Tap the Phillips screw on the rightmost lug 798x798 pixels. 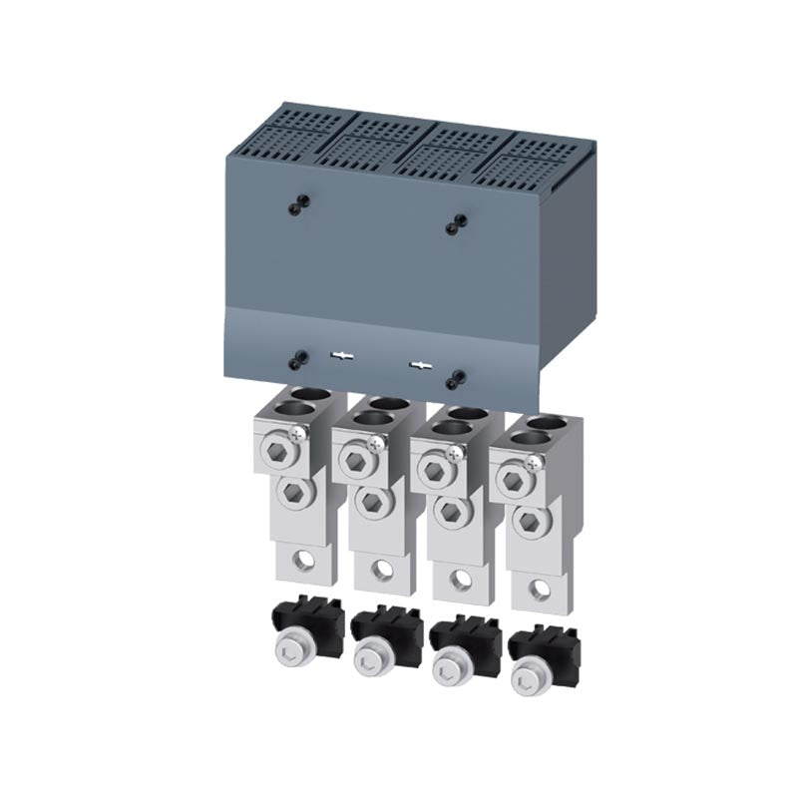(x=535, y=461)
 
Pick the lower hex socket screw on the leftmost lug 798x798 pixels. (x=292, y=492)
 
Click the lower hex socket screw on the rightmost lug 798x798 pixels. (x=530, y=520)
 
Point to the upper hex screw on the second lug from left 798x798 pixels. (x=355, y=461)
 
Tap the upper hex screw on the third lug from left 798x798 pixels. (x=433, y=469)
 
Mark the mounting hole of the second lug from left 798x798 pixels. (x=382, y=570)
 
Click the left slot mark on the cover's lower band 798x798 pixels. (x=342, y=356)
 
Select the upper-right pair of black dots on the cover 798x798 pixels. (x=456, y=223)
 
